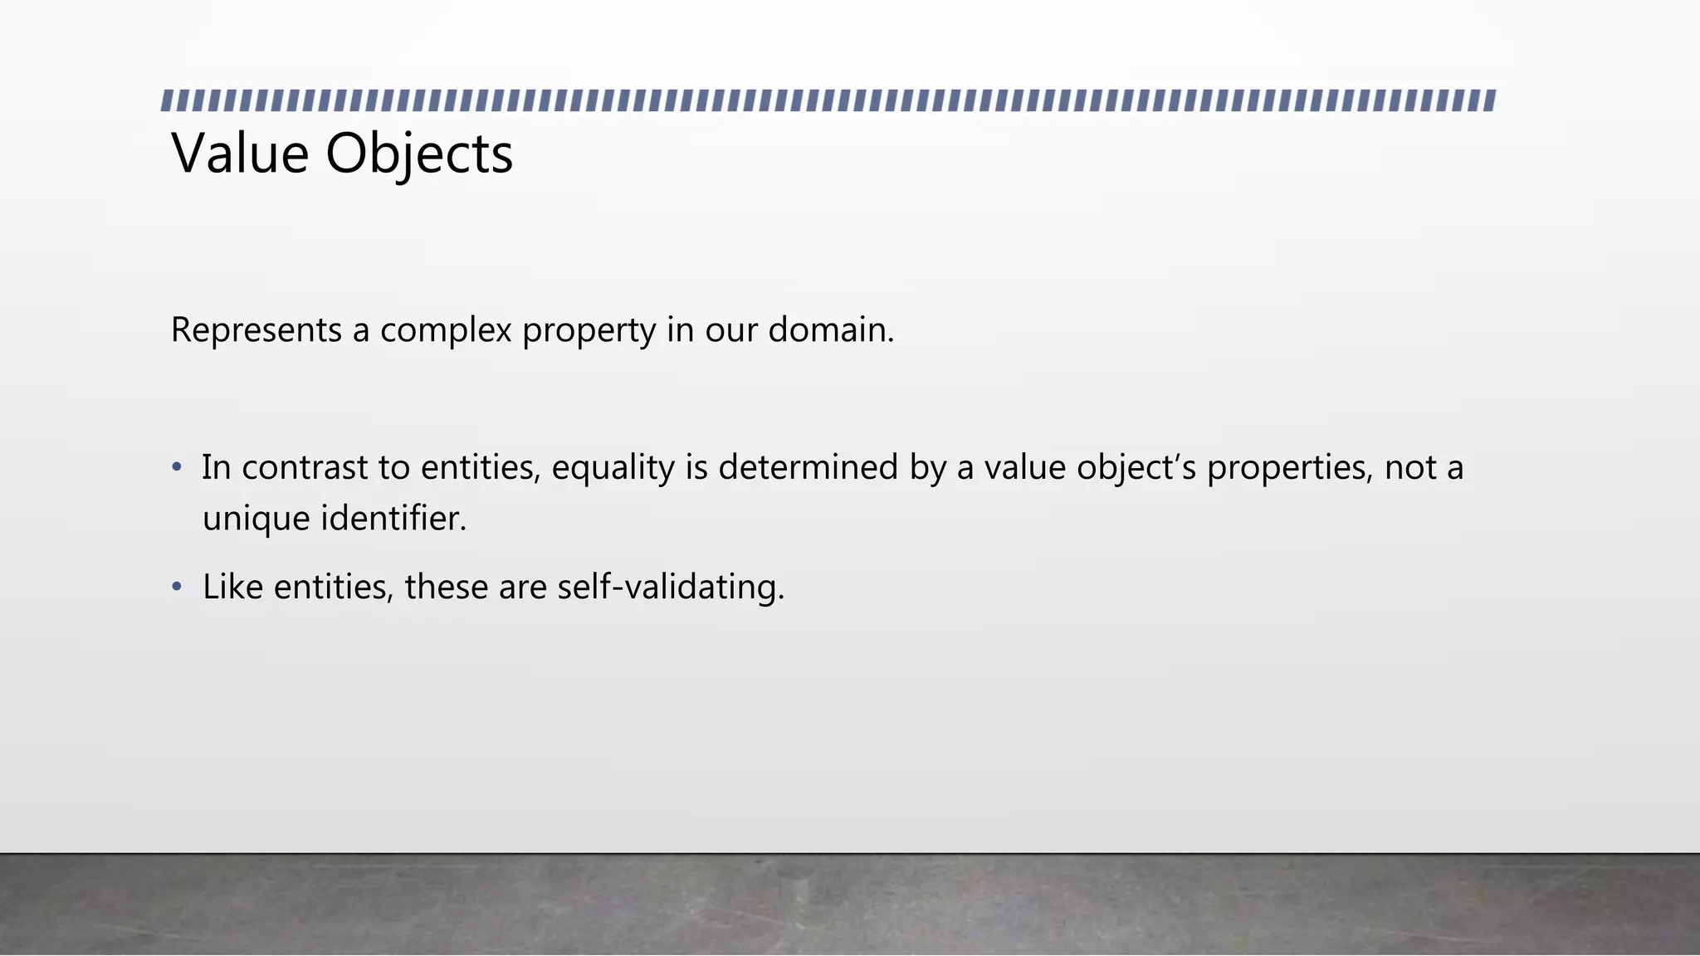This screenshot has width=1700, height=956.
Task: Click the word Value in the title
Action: point(239,154)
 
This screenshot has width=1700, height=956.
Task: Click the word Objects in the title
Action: point(418,155)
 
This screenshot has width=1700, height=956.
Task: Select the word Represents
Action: point(256,330)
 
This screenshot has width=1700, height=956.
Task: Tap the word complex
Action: point(446,331)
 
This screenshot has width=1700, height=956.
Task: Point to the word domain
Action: point(829,329)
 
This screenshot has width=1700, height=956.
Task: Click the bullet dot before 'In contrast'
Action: point(176,467)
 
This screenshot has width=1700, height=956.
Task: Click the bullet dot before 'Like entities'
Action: point(176,587)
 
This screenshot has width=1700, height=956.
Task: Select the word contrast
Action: point(305,467)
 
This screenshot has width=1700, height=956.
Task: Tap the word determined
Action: point(808,467)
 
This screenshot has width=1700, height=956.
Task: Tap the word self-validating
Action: point(670,588)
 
